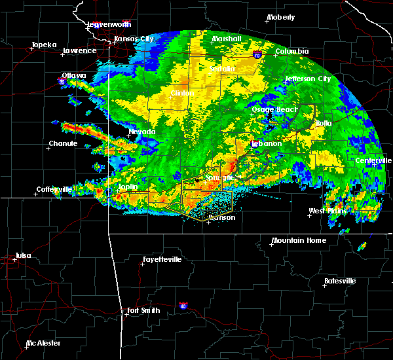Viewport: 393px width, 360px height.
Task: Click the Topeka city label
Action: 43,45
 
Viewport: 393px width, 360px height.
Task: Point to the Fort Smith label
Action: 143,310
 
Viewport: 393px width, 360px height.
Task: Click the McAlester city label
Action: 45,343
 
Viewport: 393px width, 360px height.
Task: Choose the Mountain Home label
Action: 299,240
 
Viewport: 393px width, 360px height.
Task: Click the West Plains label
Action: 327,211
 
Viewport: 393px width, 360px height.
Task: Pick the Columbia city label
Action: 291,51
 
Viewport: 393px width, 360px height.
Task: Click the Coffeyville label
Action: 54,189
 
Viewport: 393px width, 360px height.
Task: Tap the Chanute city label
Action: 64,143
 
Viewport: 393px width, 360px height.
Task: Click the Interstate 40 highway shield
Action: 183,305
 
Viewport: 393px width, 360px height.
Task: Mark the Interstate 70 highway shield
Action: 256,57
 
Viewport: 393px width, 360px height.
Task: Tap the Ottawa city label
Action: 74,75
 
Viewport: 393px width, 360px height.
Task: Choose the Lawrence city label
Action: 79,50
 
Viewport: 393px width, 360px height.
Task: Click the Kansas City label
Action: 134,39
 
